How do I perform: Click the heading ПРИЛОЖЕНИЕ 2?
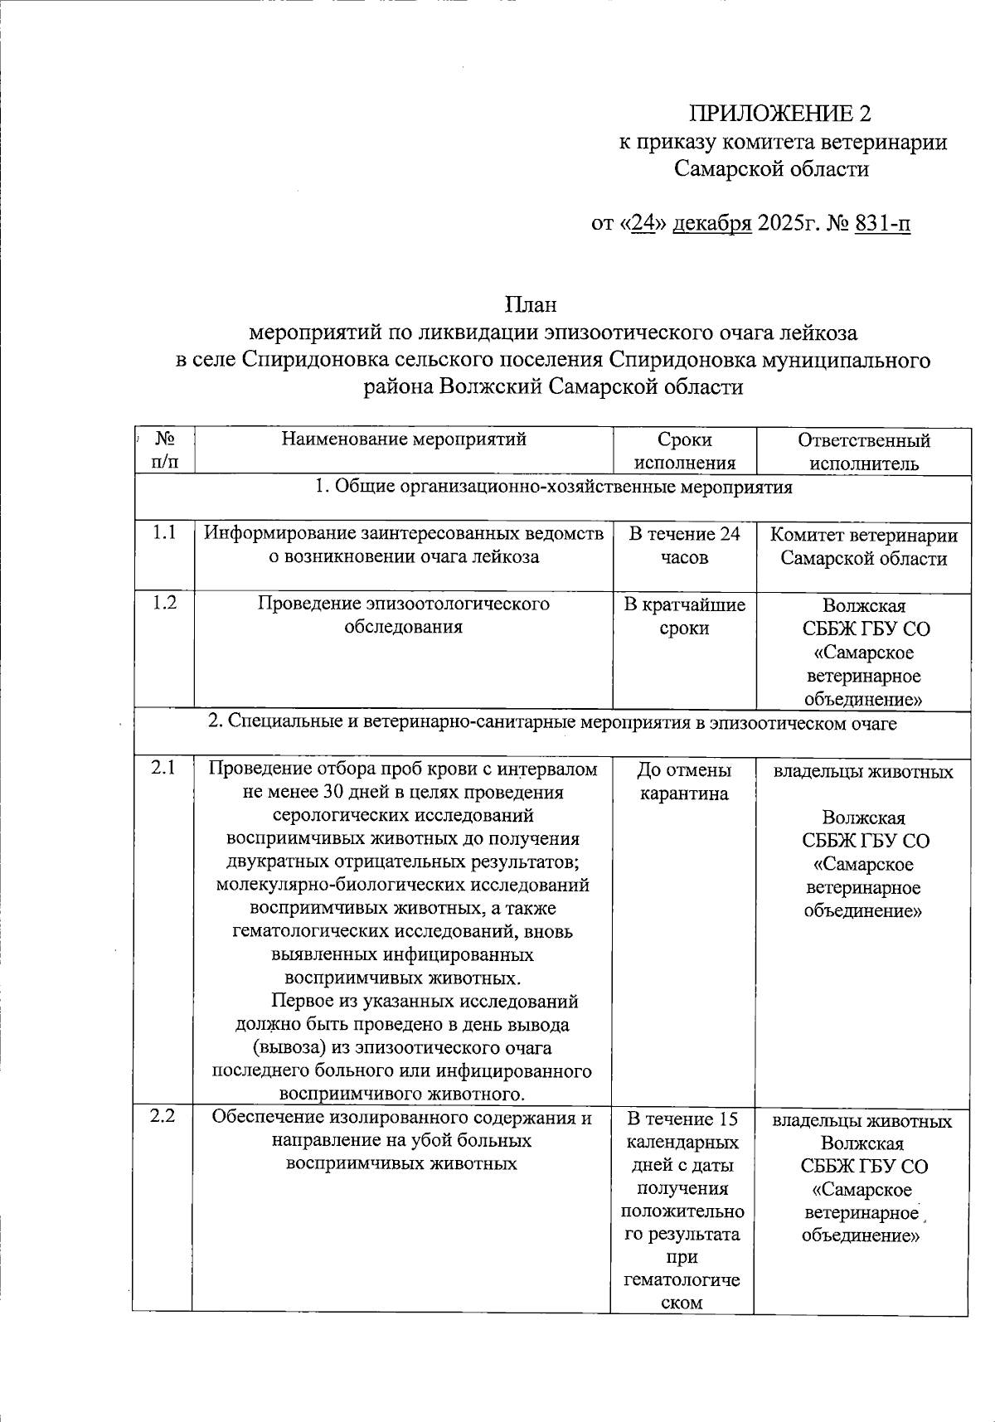pyautogui.click(x=782, y=114)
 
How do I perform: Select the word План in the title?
pyautogui.click(x=532, y=305)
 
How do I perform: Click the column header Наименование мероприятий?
pyautogui.click(x=404, y=439)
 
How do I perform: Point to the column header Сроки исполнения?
pyautogui.click(x=685, y=452)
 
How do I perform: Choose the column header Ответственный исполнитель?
pyautogui.click(x=863, y=452)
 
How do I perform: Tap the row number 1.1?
pyautogui.click(x=164, y=533)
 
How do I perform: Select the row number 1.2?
pyautogui.click(x=164, y=603)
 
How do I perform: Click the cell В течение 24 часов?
pyautogui.click(x=685, y=546)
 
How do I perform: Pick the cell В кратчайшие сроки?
pyautogui.click(x=685, y=616)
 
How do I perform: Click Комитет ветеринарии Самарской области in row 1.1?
pyautogui.click(x=863, y=546)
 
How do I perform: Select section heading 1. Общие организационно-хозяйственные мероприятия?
pyautogui.click(x=554, y=488)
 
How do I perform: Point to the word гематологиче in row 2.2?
pyautogui.click(x=682, y=1279)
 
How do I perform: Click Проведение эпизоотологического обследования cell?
pyautogui.click(x=404, y=614)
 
